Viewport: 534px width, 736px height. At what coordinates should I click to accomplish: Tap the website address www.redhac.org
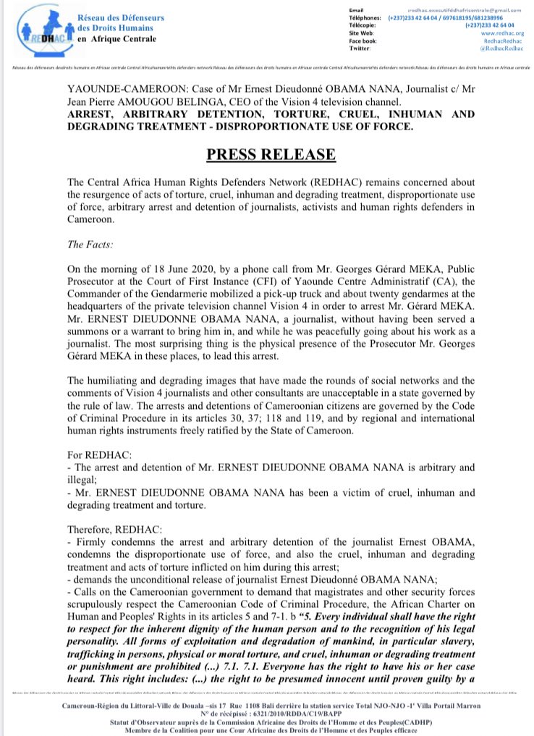click(496, 33)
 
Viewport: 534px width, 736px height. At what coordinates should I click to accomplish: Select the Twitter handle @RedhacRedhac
click(496, 48)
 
